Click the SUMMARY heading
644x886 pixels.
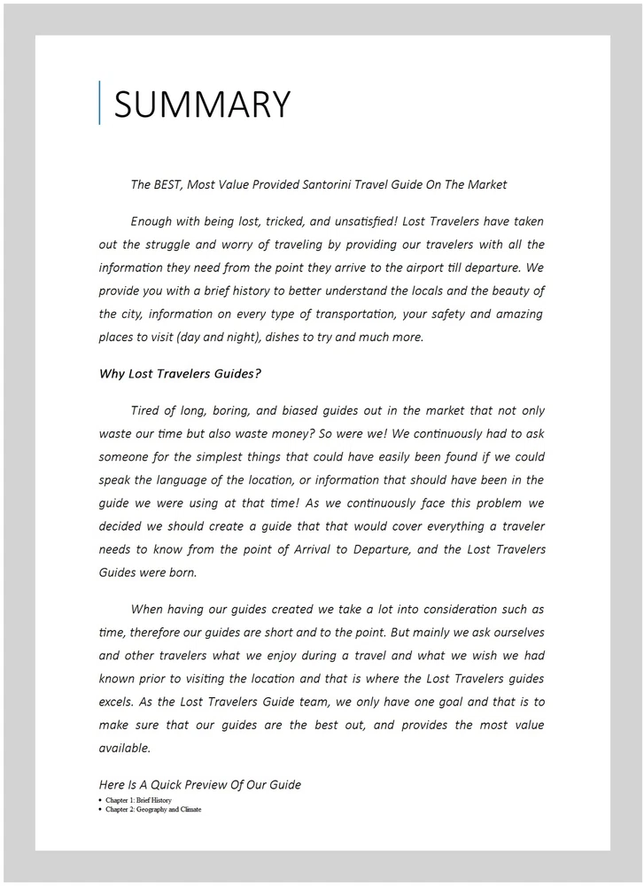pos(201,105)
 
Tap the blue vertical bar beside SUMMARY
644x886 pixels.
pos(100,103)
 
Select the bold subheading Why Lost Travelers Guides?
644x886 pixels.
pos(180,373)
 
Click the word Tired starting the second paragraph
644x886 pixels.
pos(147,410)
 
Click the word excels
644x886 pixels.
pos(117,703)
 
